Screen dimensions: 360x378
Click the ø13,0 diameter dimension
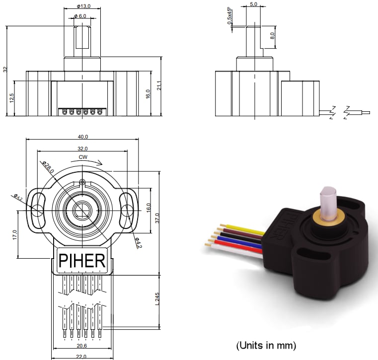[x=83, y=6]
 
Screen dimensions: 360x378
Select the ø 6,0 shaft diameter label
[x=80, y=16]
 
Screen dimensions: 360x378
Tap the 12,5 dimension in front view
[x=11, y=98]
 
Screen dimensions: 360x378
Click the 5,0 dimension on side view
[x=253, y=4]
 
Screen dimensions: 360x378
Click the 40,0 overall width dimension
[x=82, y=137]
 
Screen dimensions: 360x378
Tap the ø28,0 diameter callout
[x=47, y=168]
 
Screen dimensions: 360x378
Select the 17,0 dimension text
[x=15, y=234]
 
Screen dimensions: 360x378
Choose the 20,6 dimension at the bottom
[x=82, y=345]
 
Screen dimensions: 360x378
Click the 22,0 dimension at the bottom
[x=82, y=356]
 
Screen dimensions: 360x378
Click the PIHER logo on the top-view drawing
[x=82, y=260]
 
